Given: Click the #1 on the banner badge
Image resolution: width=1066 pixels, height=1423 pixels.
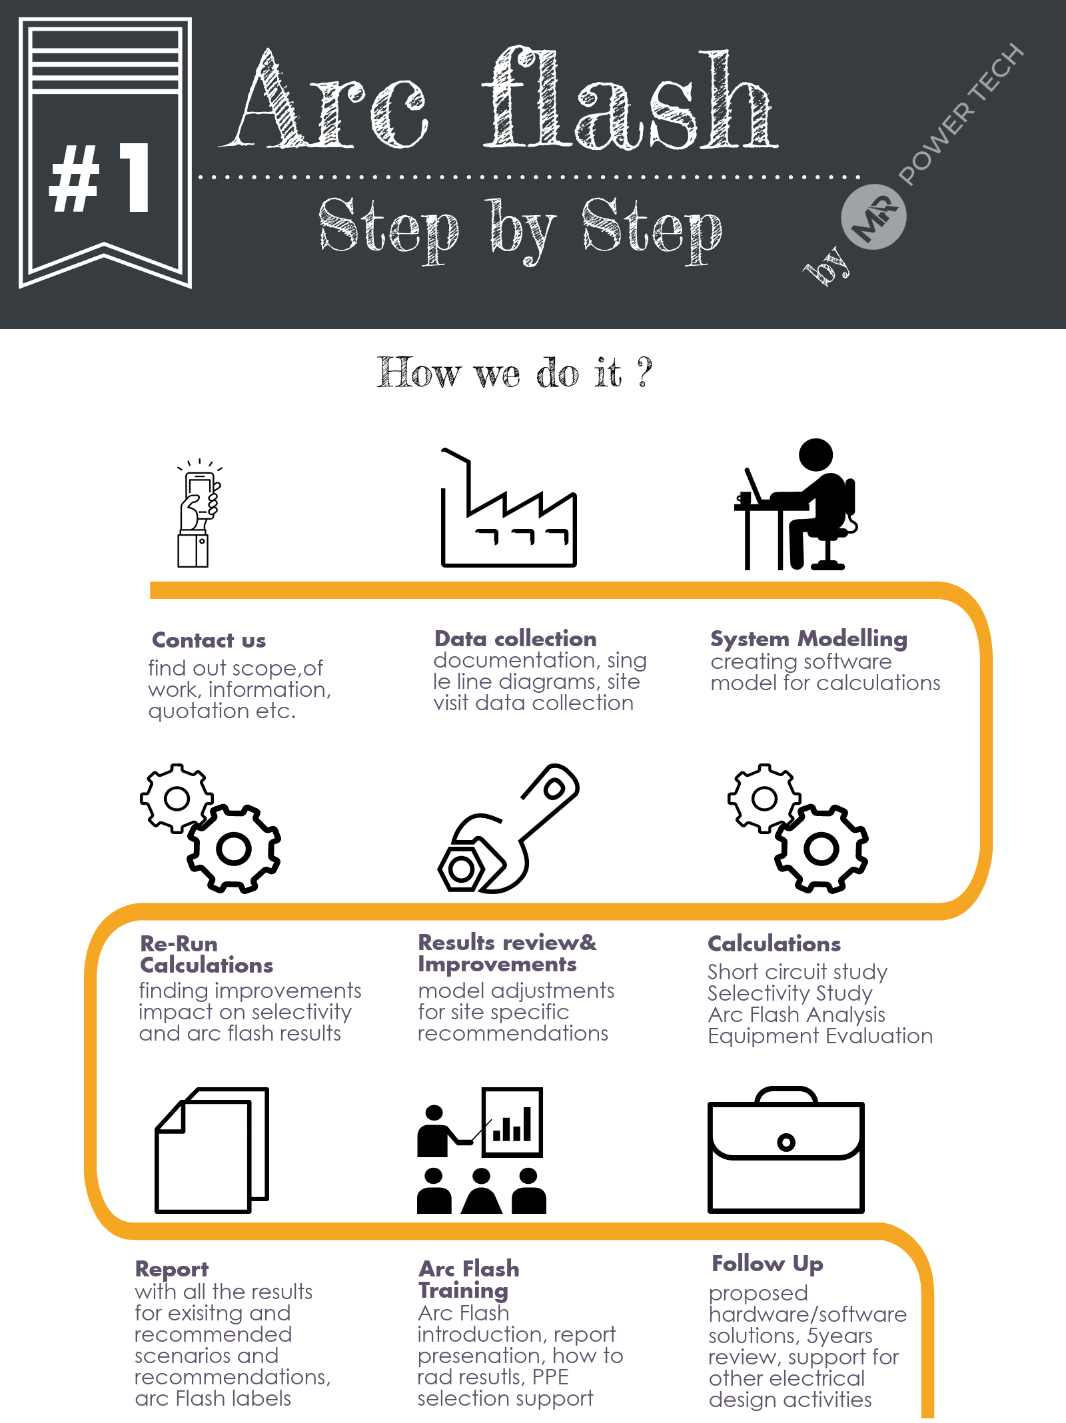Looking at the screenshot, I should [x=101, y=179].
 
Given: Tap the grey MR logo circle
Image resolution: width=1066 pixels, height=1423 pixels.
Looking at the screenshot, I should [x=873, y=217].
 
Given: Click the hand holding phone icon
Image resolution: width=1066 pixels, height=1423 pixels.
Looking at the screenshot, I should [x=197, y=514].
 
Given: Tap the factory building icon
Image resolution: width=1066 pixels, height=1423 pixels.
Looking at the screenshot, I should [x=508, y=516].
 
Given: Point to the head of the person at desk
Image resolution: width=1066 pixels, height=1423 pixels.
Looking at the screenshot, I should [x=816, y=455].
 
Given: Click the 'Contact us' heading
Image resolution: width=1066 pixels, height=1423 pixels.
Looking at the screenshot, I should [x=209, y=640].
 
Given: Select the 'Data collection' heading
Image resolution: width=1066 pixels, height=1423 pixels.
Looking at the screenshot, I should [x=515, y=639].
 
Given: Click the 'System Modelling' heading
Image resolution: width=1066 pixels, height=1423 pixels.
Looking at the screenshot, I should [x=808, y=639].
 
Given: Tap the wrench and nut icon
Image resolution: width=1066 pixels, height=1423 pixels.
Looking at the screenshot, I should [x=509, y=828].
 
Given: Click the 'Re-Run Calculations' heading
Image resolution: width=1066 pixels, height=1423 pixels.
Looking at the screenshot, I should [x=207, y=954].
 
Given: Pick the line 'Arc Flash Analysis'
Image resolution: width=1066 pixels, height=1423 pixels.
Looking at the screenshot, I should [x=796, y=1015].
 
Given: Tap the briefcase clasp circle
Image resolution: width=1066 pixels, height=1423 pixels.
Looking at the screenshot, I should [x=786, y=1143].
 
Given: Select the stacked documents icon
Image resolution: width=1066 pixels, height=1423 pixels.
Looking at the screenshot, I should [x=212, y=1150].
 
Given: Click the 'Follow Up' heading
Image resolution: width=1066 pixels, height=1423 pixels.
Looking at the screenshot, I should [x=768, y=1264].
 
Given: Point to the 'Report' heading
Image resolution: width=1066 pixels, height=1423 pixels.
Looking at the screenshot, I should [x=172, y=1269].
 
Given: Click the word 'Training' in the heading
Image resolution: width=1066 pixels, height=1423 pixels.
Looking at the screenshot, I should [x=463, y=1290].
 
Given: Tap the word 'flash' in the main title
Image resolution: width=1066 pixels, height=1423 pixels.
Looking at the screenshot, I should [x=630, y=100].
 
